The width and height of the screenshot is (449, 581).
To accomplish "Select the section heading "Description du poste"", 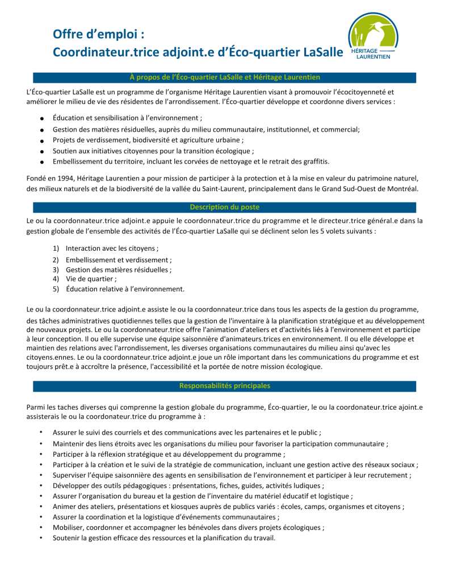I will click(224, 207).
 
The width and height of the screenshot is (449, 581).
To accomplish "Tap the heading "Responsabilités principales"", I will click(224, 386).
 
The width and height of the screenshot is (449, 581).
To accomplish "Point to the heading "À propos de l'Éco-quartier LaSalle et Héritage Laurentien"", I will click(224, 77).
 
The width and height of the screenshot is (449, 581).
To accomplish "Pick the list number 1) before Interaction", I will click(56, 248).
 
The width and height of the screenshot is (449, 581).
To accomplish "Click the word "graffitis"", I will click(314, 161).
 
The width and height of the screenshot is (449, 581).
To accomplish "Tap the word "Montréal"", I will click(402, 188).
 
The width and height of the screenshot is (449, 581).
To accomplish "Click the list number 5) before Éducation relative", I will click(56, 289).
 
